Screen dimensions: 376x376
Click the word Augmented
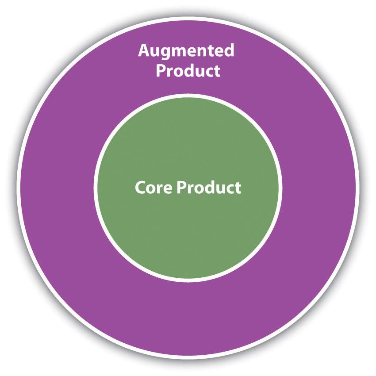(x=186, y=51)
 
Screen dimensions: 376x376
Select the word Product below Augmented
(x=188, y=70)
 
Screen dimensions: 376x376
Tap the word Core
(x=153, y=188)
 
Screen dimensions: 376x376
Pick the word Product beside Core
(x=209, y=187)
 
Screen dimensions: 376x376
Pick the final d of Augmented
(x=229, y=50)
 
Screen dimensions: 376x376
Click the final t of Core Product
(x=238, y=188)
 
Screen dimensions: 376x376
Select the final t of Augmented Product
(x=217, y=72)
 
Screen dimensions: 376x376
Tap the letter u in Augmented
(x=157, y=52)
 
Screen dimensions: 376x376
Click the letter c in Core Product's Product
(x=229, y=189)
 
